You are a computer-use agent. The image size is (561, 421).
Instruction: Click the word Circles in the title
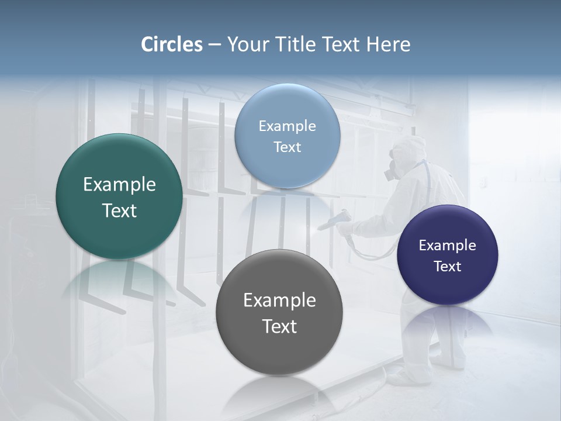172,44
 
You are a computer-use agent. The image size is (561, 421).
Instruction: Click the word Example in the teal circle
119,185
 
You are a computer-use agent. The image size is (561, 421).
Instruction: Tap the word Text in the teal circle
119,211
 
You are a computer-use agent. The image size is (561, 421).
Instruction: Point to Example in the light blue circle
287,126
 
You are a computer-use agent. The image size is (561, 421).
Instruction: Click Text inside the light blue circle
287,147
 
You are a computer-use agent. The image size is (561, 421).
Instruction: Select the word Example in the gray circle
279,301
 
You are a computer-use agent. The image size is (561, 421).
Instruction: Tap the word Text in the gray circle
279,326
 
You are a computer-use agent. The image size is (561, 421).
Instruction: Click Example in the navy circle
447,246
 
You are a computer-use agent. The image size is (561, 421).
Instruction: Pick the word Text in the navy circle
447,267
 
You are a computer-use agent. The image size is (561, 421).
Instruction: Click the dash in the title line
214,45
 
